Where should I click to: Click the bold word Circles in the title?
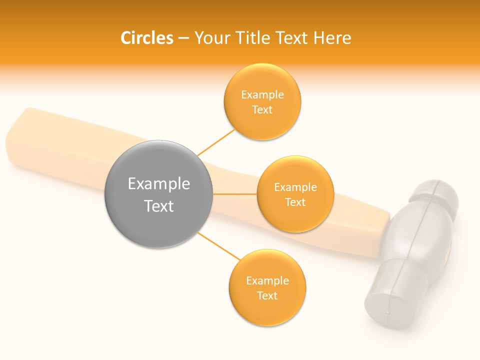[x=147, y=38]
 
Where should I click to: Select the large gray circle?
[x=158, y=194]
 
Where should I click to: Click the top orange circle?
[x=262, y=101]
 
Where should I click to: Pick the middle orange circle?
[x=295, y=194]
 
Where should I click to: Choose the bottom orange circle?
[x=267, y=287]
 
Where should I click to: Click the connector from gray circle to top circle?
[x=216, y=142]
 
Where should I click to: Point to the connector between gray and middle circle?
[x=234, y=194]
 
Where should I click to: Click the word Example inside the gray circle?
[x=158, y=183]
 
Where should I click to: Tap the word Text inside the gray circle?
[x=158, y=206]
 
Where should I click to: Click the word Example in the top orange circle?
[x=262, y=94]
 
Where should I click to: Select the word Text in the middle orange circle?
[x=295, y=202]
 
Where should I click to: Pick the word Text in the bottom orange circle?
[x=267, y=295]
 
